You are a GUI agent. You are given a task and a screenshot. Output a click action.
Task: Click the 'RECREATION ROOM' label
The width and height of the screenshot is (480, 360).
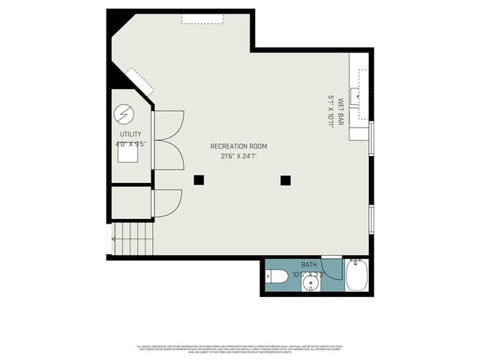tap(238, 146)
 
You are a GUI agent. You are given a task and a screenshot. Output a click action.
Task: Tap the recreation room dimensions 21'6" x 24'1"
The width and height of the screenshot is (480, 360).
tap(238, 157)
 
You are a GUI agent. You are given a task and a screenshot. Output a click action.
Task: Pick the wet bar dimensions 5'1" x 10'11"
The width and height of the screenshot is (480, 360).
tap(330, 111)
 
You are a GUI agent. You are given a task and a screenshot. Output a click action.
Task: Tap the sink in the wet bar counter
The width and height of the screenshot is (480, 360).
tap(359, 96)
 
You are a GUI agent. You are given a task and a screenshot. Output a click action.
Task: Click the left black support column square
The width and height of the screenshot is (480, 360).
tap(199, 179)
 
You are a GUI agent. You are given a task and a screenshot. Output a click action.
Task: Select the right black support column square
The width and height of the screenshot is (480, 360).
tap(285, 179)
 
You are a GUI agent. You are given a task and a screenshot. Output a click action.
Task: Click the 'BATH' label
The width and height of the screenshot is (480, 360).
tap(309, 265)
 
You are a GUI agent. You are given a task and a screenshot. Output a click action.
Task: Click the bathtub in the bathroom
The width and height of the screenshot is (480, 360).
tap(356, 276)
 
